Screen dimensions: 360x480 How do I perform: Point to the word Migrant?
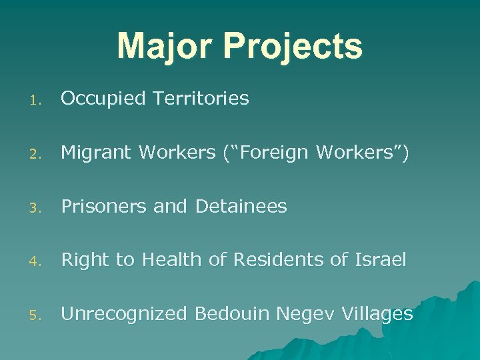97,153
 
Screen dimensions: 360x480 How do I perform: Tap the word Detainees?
241,207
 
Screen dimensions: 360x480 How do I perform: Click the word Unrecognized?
123,313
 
